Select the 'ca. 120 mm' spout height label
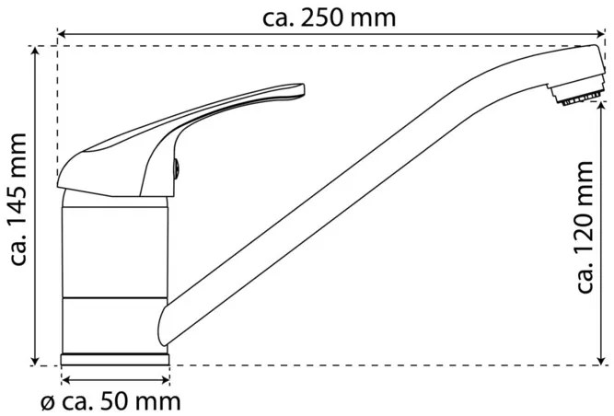pos(587,225)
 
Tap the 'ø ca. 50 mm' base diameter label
pos(110,402)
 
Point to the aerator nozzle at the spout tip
pos(577,96)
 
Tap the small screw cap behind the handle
pos(178,168)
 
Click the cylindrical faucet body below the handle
pos(116,267)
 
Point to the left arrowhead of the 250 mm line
pos(62,36)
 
